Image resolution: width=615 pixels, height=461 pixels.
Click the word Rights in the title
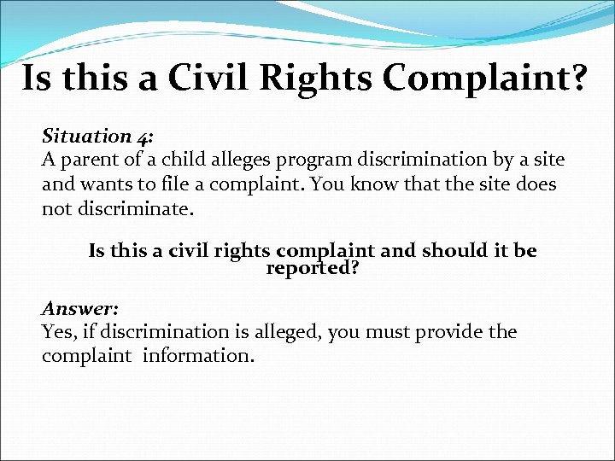pyautogui.click(x=319, y=79)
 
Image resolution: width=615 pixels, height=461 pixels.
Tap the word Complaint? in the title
pyautogui.click(x=484, y=80)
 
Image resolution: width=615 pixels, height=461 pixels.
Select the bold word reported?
pyautogui.click(x=312, y=269)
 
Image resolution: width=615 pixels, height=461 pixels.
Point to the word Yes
pyautogui.click(x=58, y=331)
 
